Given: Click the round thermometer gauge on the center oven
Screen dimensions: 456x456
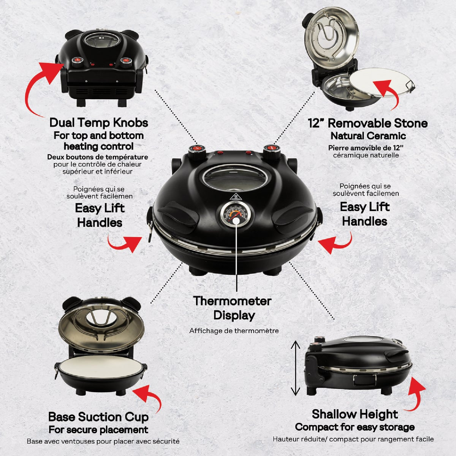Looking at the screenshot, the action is pyautogui.click(x=236, y=215).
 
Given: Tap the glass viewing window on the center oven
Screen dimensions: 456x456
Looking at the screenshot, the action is pyautogui.click(x=235, y=177).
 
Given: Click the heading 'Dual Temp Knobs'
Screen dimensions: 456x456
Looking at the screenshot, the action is pyautogui.click(x=99, y=123).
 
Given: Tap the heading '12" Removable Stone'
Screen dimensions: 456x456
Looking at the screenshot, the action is pyautogui.click(x=367, y=123).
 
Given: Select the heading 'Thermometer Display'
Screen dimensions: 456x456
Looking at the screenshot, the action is pyautogui.click(x=233, y=308).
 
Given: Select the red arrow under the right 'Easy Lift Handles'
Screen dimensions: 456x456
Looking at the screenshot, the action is pyautogui.click(x=336, y=244).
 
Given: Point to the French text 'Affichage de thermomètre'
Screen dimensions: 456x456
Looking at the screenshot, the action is pyautogui.click(x=234, y=331).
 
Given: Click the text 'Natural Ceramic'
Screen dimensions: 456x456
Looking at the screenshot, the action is pyautogui.click(x=368, y=136).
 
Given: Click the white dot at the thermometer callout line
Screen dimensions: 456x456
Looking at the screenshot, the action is pyautogui.click(x=236, y=221).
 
